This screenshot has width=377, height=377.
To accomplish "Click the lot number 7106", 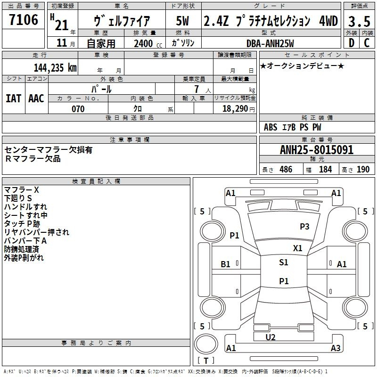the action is coord(24,20).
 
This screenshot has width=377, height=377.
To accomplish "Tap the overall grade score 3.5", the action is coord(359,21).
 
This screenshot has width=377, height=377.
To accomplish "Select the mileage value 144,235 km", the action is coord(55,68).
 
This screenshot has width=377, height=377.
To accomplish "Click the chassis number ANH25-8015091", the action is coord(317,150).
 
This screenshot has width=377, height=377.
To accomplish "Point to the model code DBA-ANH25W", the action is coord(270,43).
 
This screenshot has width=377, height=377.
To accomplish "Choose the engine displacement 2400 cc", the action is coord(148,44).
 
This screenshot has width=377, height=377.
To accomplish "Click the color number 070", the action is coord(78,109).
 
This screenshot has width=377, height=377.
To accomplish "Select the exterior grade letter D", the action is coord(352,43).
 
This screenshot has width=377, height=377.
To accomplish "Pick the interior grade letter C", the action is coord(367,43).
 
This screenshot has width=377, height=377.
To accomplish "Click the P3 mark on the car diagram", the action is coord(304,226).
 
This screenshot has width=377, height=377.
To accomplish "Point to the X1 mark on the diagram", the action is coord(297,248).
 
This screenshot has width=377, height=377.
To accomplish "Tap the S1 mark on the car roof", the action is coord(284,262).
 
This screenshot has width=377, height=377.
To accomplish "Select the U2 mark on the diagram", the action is coord(270,337).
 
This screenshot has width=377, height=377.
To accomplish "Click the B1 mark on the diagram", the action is coord(225,264).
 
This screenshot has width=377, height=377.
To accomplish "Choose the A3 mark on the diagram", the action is coord(336,348).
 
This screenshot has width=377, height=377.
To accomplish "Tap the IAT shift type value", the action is coord(14,98).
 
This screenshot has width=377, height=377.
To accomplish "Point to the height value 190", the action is coord(363,169).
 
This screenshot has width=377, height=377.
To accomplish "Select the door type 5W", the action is coord(182,21).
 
